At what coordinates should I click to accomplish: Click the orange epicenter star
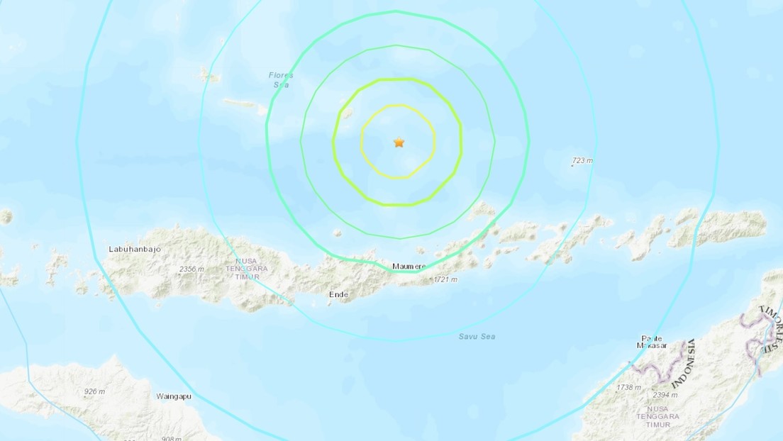399,143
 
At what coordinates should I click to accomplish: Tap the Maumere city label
409,267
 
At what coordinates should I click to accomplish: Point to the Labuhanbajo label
132,249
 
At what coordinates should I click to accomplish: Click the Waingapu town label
174,396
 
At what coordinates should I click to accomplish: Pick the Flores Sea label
282,79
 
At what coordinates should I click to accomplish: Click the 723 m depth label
582,161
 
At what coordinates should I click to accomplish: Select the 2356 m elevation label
192,269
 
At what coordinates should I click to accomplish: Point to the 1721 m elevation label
445,280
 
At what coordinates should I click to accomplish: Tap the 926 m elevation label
95,392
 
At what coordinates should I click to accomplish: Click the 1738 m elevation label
629,388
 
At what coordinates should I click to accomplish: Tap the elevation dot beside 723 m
572,166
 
